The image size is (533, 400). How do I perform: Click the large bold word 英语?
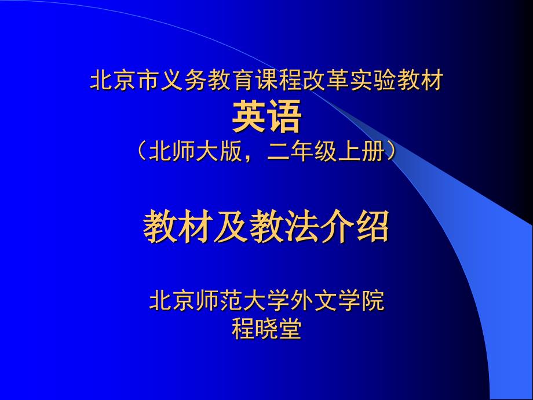266,117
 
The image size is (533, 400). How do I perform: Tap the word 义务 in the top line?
184,80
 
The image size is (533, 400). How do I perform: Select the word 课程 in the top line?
278,80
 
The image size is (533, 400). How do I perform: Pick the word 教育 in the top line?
231,80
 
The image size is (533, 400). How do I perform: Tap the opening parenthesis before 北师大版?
141,151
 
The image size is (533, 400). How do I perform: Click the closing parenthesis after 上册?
392,151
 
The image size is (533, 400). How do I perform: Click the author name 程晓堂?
266,329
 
